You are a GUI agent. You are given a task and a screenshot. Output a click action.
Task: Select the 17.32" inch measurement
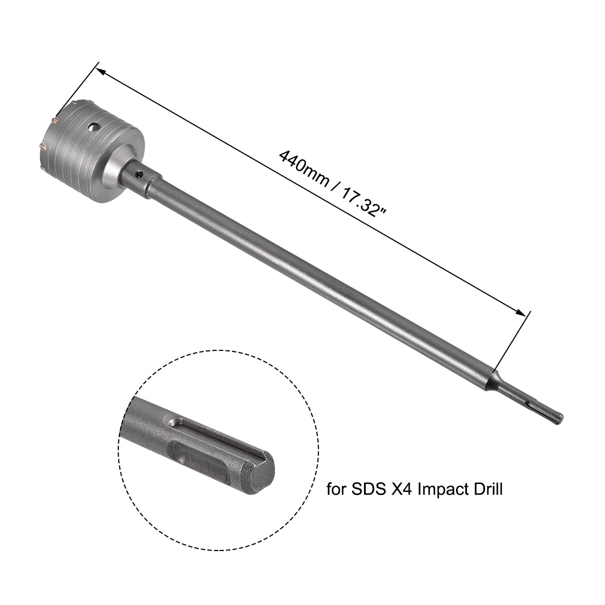tap(364, 201)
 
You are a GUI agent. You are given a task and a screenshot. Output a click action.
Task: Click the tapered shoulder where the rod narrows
tap(491, 380)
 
